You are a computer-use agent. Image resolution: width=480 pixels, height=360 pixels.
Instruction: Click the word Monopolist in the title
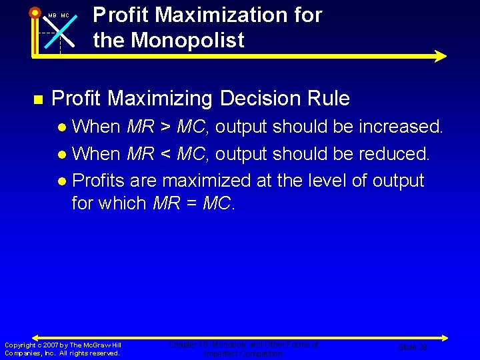pyautogui.click(x=187, y=40)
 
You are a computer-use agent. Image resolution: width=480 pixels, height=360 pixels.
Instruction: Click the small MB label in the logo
pyautogui.click(x=51, y=15)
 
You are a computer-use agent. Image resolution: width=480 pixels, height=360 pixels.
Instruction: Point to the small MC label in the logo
pyautogui.click(x=65, y=15)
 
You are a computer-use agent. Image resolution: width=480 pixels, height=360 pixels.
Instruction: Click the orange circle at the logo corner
pyautogui.click(x=34, y=11)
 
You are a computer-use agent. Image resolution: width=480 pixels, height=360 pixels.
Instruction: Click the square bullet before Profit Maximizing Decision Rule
pyautogui.click(x=38, y=99)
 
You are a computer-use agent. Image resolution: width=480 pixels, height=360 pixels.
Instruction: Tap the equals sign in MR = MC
pyautogui.click(x=191, y=203)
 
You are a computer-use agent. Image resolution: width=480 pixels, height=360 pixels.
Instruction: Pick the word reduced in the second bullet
pyautogui.click(x=393, y=154)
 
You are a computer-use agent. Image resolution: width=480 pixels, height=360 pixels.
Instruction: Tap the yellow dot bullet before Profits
pyautogui.click(x=62, y=181)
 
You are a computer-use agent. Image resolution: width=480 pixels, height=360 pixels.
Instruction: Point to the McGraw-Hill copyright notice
pyautogui.click(x=63, y=349)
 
